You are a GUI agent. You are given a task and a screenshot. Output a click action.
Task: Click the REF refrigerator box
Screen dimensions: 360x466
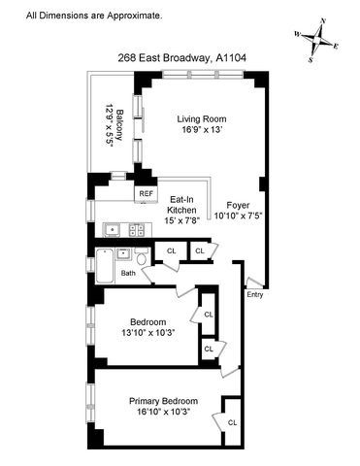146,194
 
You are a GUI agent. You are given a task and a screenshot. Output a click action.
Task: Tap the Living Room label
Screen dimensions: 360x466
202,119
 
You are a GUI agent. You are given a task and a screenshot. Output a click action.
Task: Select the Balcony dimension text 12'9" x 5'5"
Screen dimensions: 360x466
110,125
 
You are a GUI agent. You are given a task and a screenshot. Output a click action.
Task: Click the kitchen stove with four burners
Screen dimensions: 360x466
137,230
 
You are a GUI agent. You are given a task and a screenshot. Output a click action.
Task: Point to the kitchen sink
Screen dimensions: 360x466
112,230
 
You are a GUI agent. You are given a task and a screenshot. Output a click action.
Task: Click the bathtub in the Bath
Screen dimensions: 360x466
105,266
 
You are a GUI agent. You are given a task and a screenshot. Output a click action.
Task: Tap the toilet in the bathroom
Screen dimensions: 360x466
141,256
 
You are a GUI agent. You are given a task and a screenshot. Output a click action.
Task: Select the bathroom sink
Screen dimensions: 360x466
122,254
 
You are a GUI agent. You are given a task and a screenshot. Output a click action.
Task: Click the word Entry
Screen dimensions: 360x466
255,295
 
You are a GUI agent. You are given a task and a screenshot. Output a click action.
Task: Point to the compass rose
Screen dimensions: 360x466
316,40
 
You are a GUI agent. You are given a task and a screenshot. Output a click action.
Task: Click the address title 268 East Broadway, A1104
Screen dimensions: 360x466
181,58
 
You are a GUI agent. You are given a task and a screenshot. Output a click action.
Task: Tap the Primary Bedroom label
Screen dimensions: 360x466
163,401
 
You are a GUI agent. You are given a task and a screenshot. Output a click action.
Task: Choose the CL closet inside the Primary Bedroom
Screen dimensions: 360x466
232,422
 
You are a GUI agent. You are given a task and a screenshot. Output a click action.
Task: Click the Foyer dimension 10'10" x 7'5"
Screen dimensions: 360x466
238,216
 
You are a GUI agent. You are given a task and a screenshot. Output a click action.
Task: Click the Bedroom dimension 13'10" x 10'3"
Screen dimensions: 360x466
148,333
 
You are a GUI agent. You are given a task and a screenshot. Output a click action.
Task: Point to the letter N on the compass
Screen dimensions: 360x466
322,20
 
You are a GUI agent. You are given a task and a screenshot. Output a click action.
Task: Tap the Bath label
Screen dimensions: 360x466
128,273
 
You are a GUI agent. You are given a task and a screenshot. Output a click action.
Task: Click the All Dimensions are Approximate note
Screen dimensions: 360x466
94,16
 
